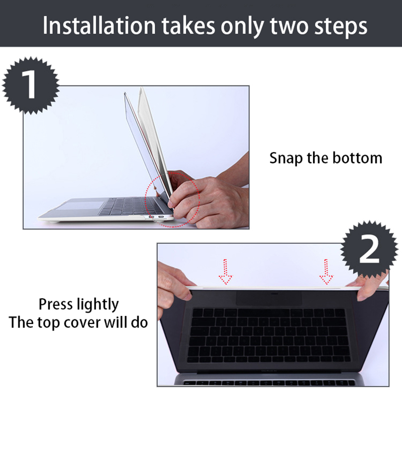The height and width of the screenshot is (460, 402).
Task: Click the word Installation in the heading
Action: point(99,26)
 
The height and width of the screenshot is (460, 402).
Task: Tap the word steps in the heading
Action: point(341,27)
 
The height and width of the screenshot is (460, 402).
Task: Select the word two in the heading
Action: point(289,27)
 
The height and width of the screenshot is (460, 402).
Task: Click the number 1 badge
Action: point(31,85)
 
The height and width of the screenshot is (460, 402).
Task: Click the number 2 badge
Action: point(369,250)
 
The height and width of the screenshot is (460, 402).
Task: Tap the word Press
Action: point(56,304)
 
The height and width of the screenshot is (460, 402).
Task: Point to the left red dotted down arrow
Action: point(225,272)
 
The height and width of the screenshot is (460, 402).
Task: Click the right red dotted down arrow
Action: point(326,272)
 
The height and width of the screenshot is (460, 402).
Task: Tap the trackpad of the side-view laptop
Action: point(81,204)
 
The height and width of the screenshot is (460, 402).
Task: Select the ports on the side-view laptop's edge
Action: point(156,217)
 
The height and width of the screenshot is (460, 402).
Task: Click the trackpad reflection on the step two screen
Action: point(269,298)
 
